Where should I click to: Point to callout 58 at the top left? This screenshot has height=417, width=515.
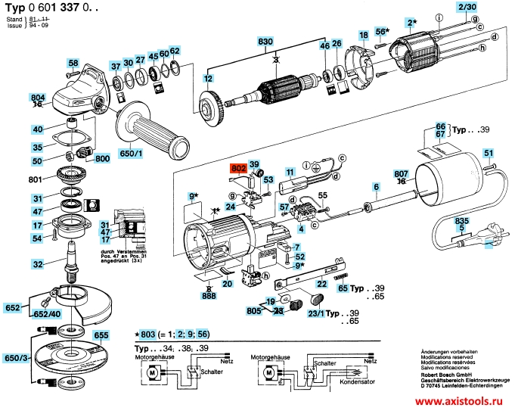pos(73,64)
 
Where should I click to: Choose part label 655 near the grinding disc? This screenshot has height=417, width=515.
pos(101,334)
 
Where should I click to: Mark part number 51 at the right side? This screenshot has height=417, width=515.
pos(489,154)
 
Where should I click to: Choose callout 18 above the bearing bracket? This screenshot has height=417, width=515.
pos(364,36)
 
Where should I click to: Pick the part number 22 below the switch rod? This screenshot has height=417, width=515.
pos(321,284)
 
